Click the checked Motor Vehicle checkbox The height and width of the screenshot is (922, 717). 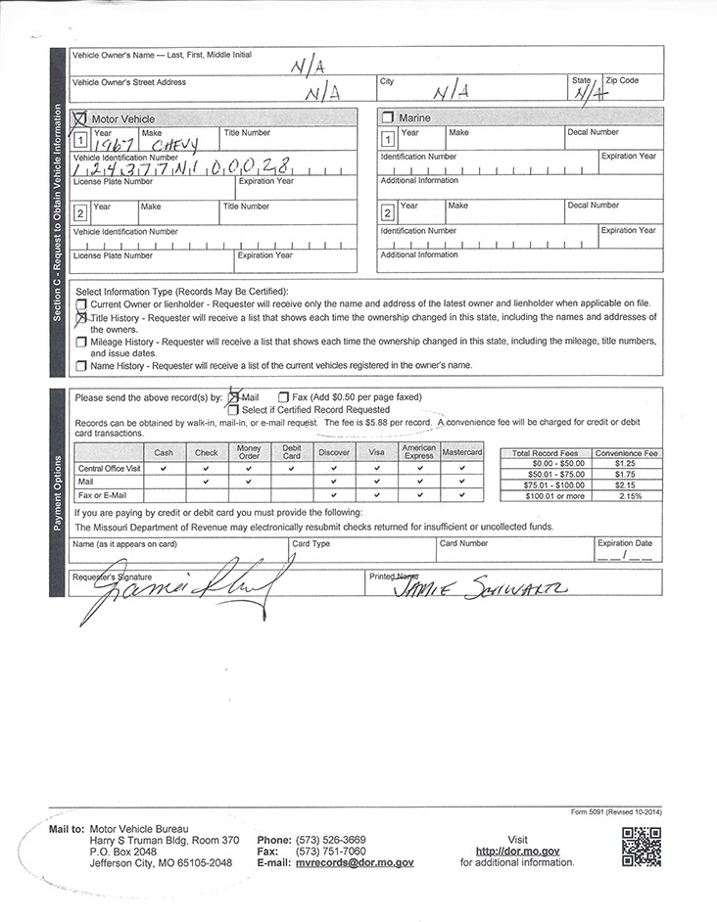click(x=80, y=117)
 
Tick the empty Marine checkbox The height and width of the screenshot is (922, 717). click(x=387, y=117)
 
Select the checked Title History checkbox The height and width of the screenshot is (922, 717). click(x=81, y=318)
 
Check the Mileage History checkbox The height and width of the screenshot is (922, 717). click(x=81, y=342)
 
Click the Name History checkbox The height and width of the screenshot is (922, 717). click(x=81, y=365)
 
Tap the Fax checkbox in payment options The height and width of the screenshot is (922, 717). click(x=283, y=397)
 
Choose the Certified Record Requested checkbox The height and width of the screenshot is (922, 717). click(x=233, y=410)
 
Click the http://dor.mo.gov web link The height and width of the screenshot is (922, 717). click(x=518, y=852)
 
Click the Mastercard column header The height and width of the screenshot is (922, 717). click(x=462, y=453)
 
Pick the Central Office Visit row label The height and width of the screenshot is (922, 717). click(x=109, y=469)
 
